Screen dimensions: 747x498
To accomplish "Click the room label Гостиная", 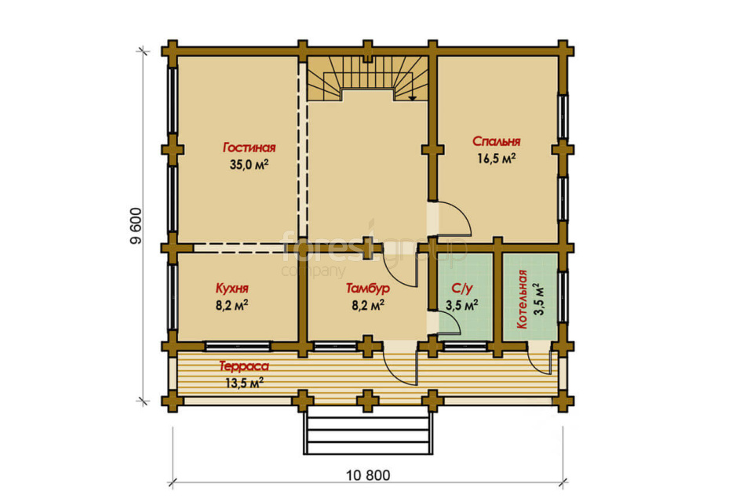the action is (250, 147).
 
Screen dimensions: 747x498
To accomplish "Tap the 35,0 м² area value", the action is (249, 165).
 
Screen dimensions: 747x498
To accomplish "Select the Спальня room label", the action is (497, 141).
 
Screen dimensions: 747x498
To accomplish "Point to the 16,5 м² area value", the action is (497, 158).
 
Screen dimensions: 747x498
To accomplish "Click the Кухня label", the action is (232, 289).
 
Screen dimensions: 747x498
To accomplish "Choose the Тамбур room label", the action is (368, 289).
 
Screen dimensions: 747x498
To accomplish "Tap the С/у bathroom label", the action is (461, 289).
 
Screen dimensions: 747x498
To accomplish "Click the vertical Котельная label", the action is (522, 299).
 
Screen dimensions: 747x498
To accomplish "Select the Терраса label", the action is (244, 366).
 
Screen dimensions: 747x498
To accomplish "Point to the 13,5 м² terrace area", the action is (244, 383).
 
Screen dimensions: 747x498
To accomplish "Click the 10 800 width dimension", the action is (368, 475).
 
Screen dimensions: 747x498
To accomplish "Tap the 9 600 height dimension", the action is (137, 226).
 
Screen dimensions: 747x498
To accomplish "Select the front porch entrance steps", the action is (368, 430).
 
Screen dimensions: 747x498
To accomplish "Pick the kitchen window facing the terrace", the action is (238, 346).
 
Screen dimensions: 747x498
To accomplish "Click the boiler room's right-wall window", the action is (563, 297).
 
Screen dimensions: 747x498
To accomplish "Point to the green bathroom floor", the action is (465, 297).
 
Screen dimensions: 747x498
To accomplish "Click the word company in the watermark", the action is (313, 271).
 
